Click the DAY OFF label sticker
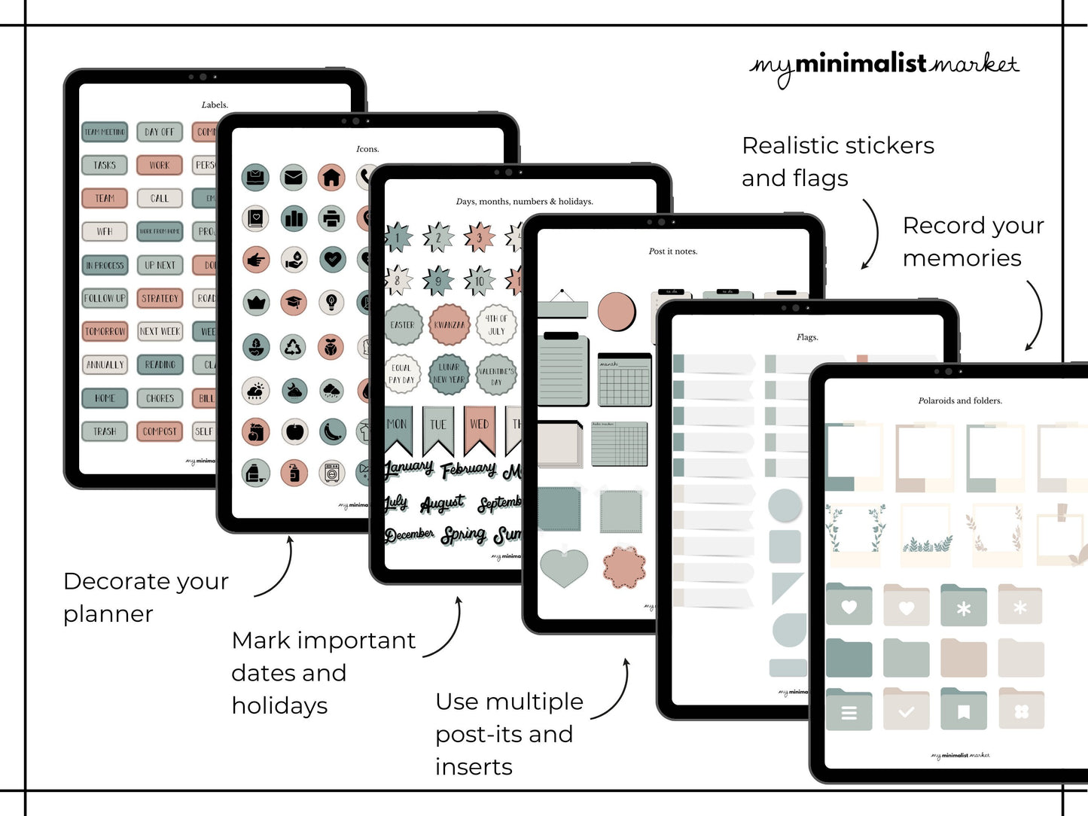[x=160, y=132]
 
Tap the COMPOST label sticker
[x=160, y=431]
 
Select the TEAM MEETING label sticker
[x=105, y=132]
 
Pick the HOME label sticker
[x=105, y=398]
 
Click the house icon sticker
[x=331, y=178]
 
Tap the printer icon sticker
[x=331, y=219]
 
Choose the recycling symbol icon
[x=293, y=347]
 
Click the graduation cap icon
[x=293, y=303]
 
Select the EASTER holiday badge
[x=403, y=325]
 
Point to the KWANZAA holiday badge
[x=450, y=325]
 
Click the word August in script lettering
[x=442, y=503]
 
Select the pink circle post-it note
[x=617, y=311]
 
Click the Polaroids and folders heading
[x=960, y=400]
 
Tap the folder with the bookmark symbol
[x=963, y=710]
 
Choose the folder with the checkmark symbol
[x=907, y=710]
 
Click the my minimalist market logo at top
[x=884, y=66]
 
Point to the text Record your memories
[x=973, y=242]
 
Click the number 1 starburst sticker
[x=398, y=238]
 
